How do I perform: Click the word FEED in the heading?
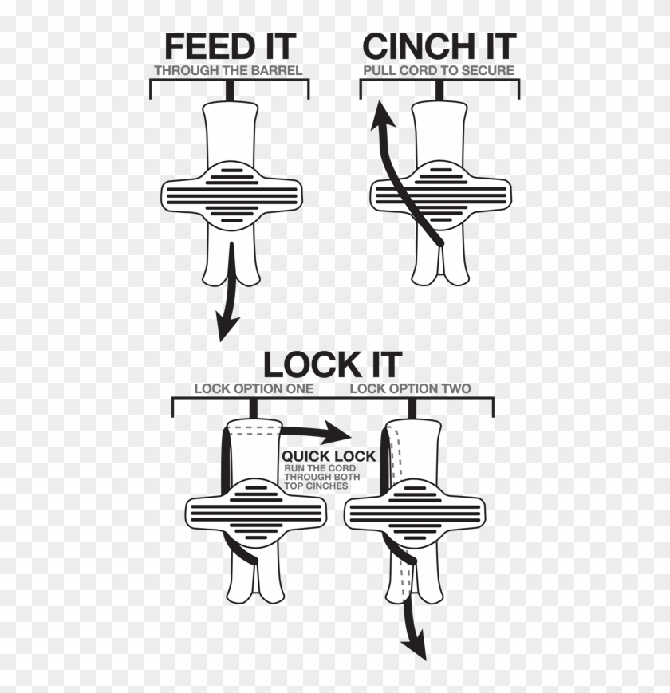click(x=204, y=46)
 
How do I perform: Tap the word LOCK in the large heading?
click(x=308, y=364)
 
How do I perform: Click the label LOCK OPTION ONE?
click(x=254, y=389)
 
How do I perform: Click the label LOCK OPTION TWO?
click(x=410, y=389)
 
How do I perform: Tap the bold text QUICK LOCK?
click(x=328, y=455)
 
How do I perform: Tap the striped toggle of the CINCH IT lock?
click(x=439, y=194)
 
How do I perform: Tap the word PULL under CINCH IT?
click(x=376, y=70)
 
